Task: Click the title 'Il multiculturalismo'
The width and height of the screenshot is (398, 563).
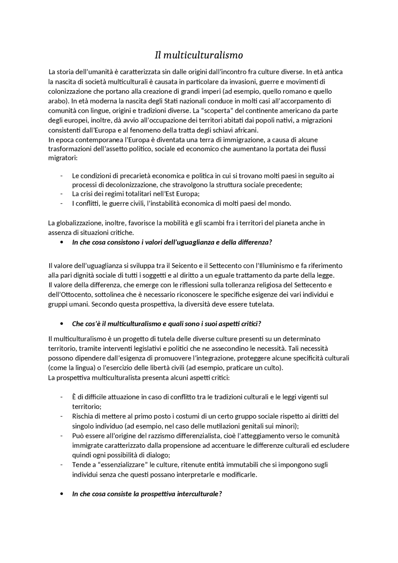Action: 199,55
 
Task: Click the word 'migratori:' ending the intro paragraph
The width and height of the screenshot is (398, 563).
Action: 62,158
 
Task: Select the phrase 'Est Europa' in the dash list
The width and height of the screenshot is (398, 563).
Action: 183,194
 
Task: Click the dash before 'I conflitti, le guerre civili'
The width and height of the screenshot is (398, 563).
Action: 62,204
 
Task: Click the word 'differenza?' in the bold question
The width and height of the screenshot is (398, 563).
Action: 255,242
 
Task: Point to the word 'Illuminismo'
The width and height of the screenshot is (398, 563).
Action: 273,266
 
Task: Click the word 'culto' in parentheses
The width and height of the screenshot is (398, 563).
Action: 272,368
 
